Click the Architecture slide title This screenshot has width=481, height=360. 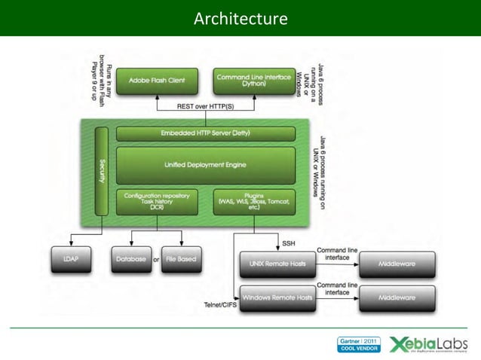[x=240, y=17]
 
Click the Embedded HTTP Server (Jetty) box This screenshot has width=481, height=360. [x=205, y=133]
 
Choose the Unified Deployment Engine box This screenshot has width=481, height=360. [x=205, y=165]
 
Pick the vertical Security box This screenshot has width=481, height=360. [x=102, y=171]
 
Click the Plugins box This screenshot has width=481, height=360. [x=253, y=202]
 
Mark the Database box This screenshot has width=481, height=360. [x=130, y=259]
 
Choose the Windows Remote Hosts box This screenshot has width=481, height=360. [x=274, y=297]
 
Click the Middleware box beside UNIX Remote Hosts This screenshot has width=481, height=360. [x=397, y=264]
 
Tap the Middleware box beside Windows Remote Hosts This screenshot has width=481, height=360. [x=397, y=297]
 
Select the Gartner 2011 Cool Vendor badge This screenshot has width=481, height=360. [x=360, y=344]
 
